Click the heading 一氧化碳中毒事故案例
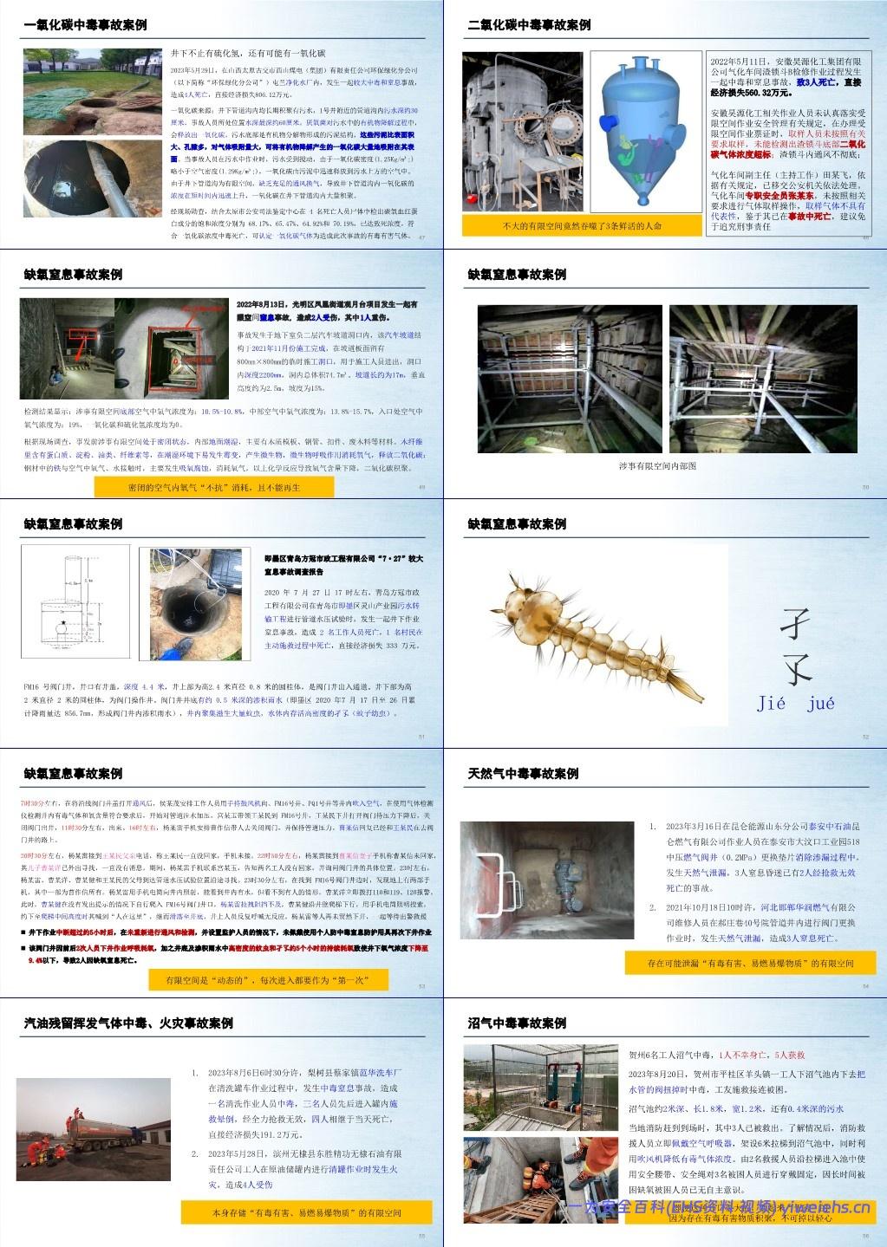point(86,25)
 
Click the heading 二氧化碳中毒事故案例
point(529,25)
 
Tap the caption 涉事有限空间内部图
point(657,465)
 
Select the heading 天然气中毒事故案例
point(523,773)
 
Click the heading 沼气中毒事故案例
point(517,1023)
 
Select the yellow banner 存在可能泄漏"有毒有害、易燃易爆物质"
point(749,963)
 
